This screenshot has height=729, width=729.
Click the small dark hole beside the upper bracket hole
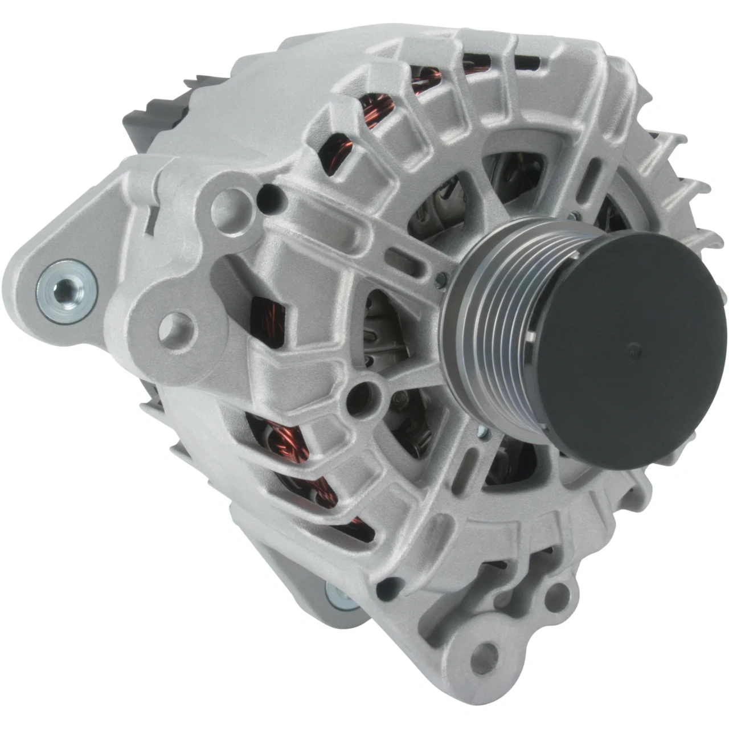coord(271,197)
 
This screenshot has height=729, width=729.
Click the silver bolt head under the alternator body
coord(340,595)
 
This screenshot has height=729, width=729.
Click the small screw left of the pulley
coord(439,277)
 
